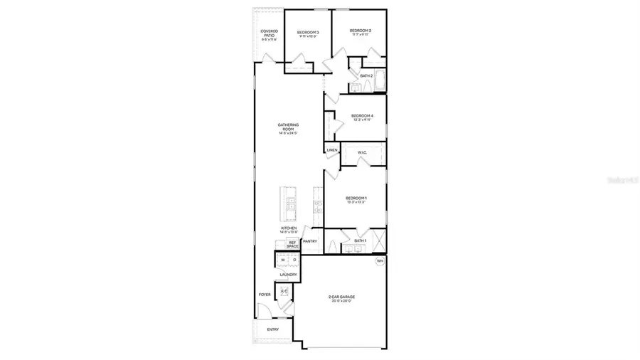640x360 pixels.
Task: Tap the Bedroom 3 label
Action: pos(308,33)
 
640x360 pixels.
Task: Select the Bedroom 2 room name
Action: pos(361,31)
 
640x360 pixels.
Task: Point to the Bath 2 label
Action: pos(367,75)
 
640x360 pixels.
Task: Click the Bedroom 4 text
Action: pos(362,116)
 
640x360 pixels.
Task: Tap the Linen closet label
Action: pos(332,150)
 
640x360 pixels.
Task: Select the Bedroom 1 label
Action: pos(356,198)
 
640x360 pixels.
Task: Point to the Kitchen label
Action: pos(288,229)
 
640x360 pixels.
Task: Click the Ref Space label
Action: pos(292,244)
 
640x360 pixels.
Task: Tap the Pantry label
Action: pos(309,241)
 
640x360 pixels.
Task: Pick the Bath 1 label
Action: pos(360,240)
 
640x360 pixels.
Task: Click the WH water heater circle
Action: pos(380,261)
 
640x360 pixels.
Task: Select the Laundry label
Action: pos(288,274)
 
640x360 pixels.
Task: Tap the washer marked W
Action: pos(282,260)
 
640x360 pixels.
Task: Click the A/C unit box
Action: pos(284,292)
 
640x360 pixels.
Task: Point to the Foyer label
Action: pos(265,295)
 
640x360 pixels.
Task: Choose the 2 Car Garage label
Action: pos(341,297)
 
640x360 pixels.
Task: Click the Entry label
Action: pos(273,329)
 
